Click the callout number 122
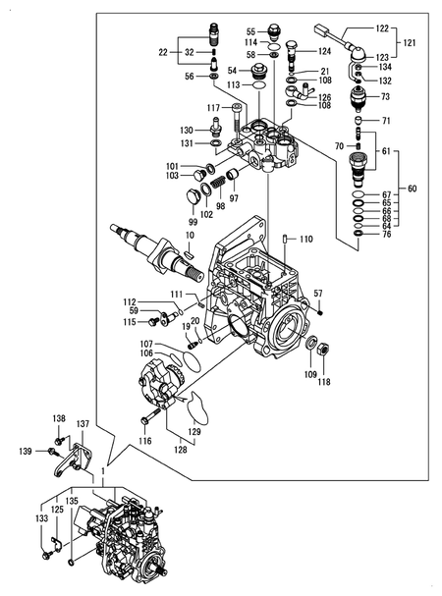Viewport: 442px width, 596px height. (383, 30)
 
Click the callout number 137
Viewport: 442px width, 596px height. (83, 424)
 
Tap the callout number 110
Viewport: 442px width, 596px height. (305, 239)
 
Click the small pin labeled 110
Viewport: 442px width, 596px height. (285, 239)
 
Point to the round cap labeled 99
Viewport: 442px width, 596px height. (187, 200)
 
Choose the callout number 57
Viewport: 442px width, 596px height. (317, 294)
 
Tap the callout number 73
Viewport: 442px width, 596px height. (386, 97)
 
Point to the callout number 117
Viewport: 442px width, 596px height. (212, 108)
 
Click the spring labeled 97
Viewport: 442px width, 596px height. (233, 179)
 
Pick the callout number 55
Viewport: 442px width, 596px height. (250, 30)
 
